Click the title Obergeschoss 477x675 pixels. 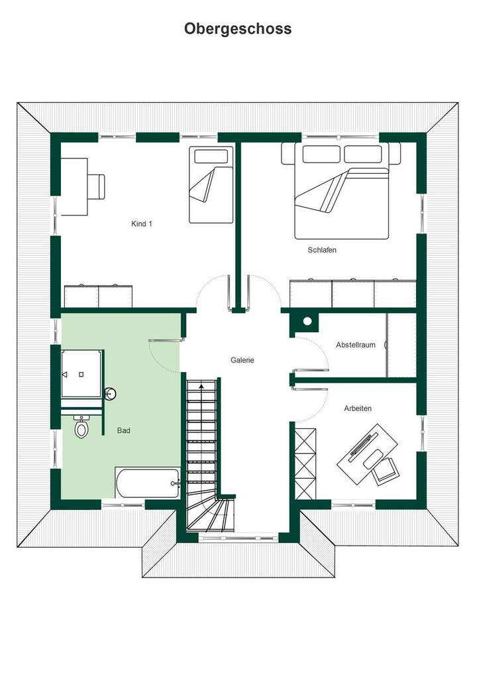tap(238, 29)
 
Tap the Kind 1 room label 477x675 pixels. tap(142, 224)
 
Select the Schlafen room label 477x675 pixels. tap(322, 250)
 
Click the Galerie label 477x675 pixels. tap(242, 360)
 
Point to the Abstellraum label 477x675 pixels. tap(355, 345)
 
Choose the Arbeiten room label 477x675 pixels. tap(358, 408)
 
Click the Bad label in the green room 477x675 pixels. tap(124, 430)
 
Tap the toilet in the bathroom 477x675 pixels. tap(81, 428)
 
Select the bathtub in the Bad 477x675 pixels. tap(148, 483)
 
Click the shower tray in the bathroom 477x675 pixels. tap(81, 374)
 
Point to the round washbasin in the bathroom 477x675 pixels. tap(111, 394)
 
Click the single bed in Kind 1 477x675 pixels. tap(211, 185)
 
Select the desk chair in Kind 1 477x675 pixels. tap(97, 186)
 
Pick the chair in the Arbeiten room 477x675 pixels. tap(385, 470)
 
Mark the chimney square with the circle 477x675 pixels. tap(307, 322)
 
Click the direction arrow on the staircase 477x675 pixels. tap(201, 385)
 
